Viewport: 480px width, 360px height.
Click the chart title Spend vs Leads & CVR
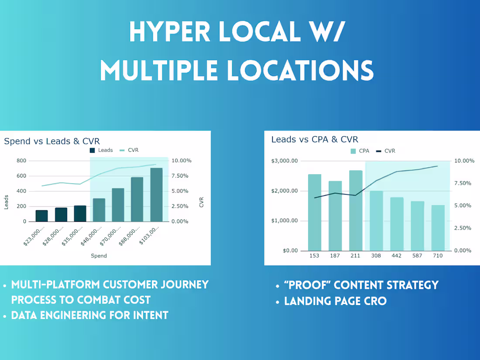52,141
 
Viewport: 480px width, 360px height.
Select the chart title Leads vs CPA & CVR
315,139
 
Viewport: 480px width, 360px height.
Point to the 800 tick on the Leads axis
21,161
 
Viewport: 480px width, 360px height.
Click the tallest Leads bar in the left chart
156,195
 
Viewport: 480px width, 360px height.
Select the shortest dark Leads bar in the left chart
42,216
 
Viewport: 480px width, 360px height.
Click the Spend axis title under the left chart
99,256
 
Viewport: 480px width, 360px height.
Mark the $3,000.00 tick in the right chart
284,161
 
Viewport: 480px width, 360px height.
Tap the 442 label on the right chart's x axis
397,256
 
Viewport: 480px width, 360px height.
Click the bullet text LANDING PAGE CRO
335,301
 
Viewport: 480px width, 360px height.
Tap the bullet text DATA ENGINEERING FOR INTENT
90,315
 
